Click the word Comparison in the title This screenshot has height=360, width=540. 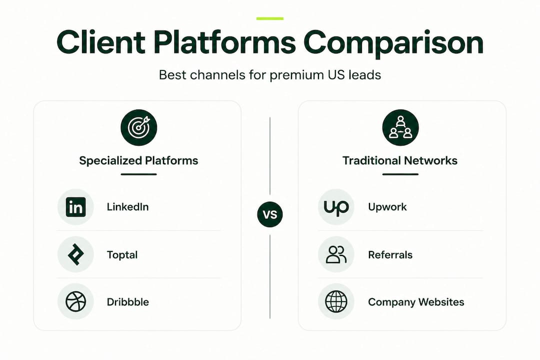click(x=393, y=43)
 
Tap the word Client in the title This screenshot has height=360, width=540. click(x=101, y=42)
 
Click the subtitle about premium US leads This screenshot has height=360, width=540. click(x=270, y=75)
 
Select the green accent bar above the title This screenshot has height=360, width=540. click(x=270, y=18)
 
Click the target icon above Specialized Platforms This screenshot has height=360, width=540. click(x=139, y=127)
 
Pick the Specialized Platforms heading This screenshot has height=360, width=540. click(x=138, y=160)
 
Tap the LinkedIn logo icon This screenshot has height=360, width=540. click(x=76, y=207)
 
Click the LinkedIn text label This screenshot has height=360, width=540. click(x=128, y=207)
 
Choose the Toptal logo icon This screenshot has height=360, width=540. click(x=76, y=254)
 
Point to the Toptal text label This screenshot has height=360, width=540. click(x=122, y=255)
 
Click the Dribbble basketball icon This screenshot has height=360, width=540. click(x=76, y=302)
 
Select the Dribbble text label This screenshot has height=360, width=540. click(x=128, y=302)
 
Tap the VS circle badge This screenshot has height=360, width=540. click(x=270, y=214)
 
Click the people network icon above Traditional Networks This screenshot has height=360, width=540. click(x=400, y=127)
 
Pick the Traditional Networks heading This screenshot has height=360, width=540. click(x=400, y=160)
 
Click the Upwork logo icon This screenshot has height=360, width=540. click(x=336, y=207)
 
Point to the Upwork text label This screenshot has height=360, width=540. click(x=387, y=207)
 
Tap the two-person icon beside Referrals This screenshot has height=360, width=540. click(x=336, y=254)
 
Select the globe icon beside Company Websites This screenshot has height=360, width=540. click(x=336, y=302)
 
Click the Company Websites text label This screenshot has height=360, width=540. click(x=416, y=302)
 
